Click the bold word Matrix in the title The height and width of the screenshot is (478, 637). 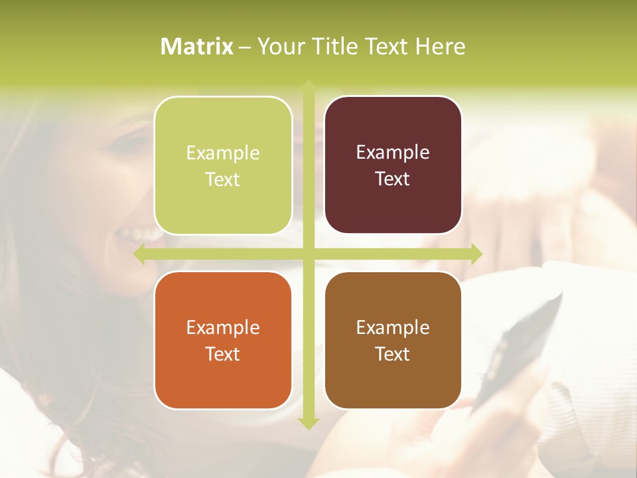(197, 46)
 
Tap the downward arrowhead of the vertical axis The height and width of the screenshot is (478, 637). (309, 423)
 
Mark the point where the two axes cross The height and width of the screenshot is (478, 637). (309, 254)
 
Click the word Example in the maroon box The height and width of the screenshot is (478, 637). (393, 152)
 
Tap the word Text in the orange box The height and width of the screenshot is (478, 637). (223, 354)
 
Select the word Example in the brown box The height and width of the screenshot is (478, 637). (393, 327)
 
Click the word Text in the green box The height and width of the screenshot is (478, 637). (223, 179)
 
